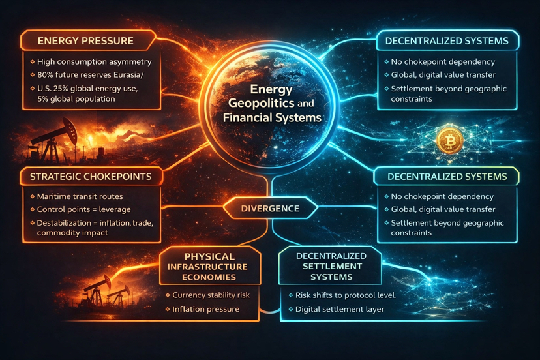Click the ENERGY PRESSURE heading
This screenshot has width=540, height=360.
[85, 40]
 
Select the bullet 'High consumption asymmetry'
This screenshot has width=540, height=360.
[95, 62]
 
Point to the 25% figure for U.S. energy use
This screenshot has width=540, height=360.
[68, 88]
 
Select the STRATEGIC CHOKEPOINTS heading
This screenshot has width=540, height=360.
[89, 176]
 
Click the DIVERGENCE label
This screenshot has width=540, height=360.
[270, 209]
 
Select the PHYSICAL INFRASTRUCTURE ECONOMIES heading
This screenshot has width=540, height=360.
[210, 267]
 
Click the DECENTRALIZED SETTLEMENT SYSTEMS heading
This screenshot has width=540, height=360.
[331, 267]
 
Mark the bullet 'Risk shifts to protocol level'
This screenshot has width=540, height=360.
[346, 295]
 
